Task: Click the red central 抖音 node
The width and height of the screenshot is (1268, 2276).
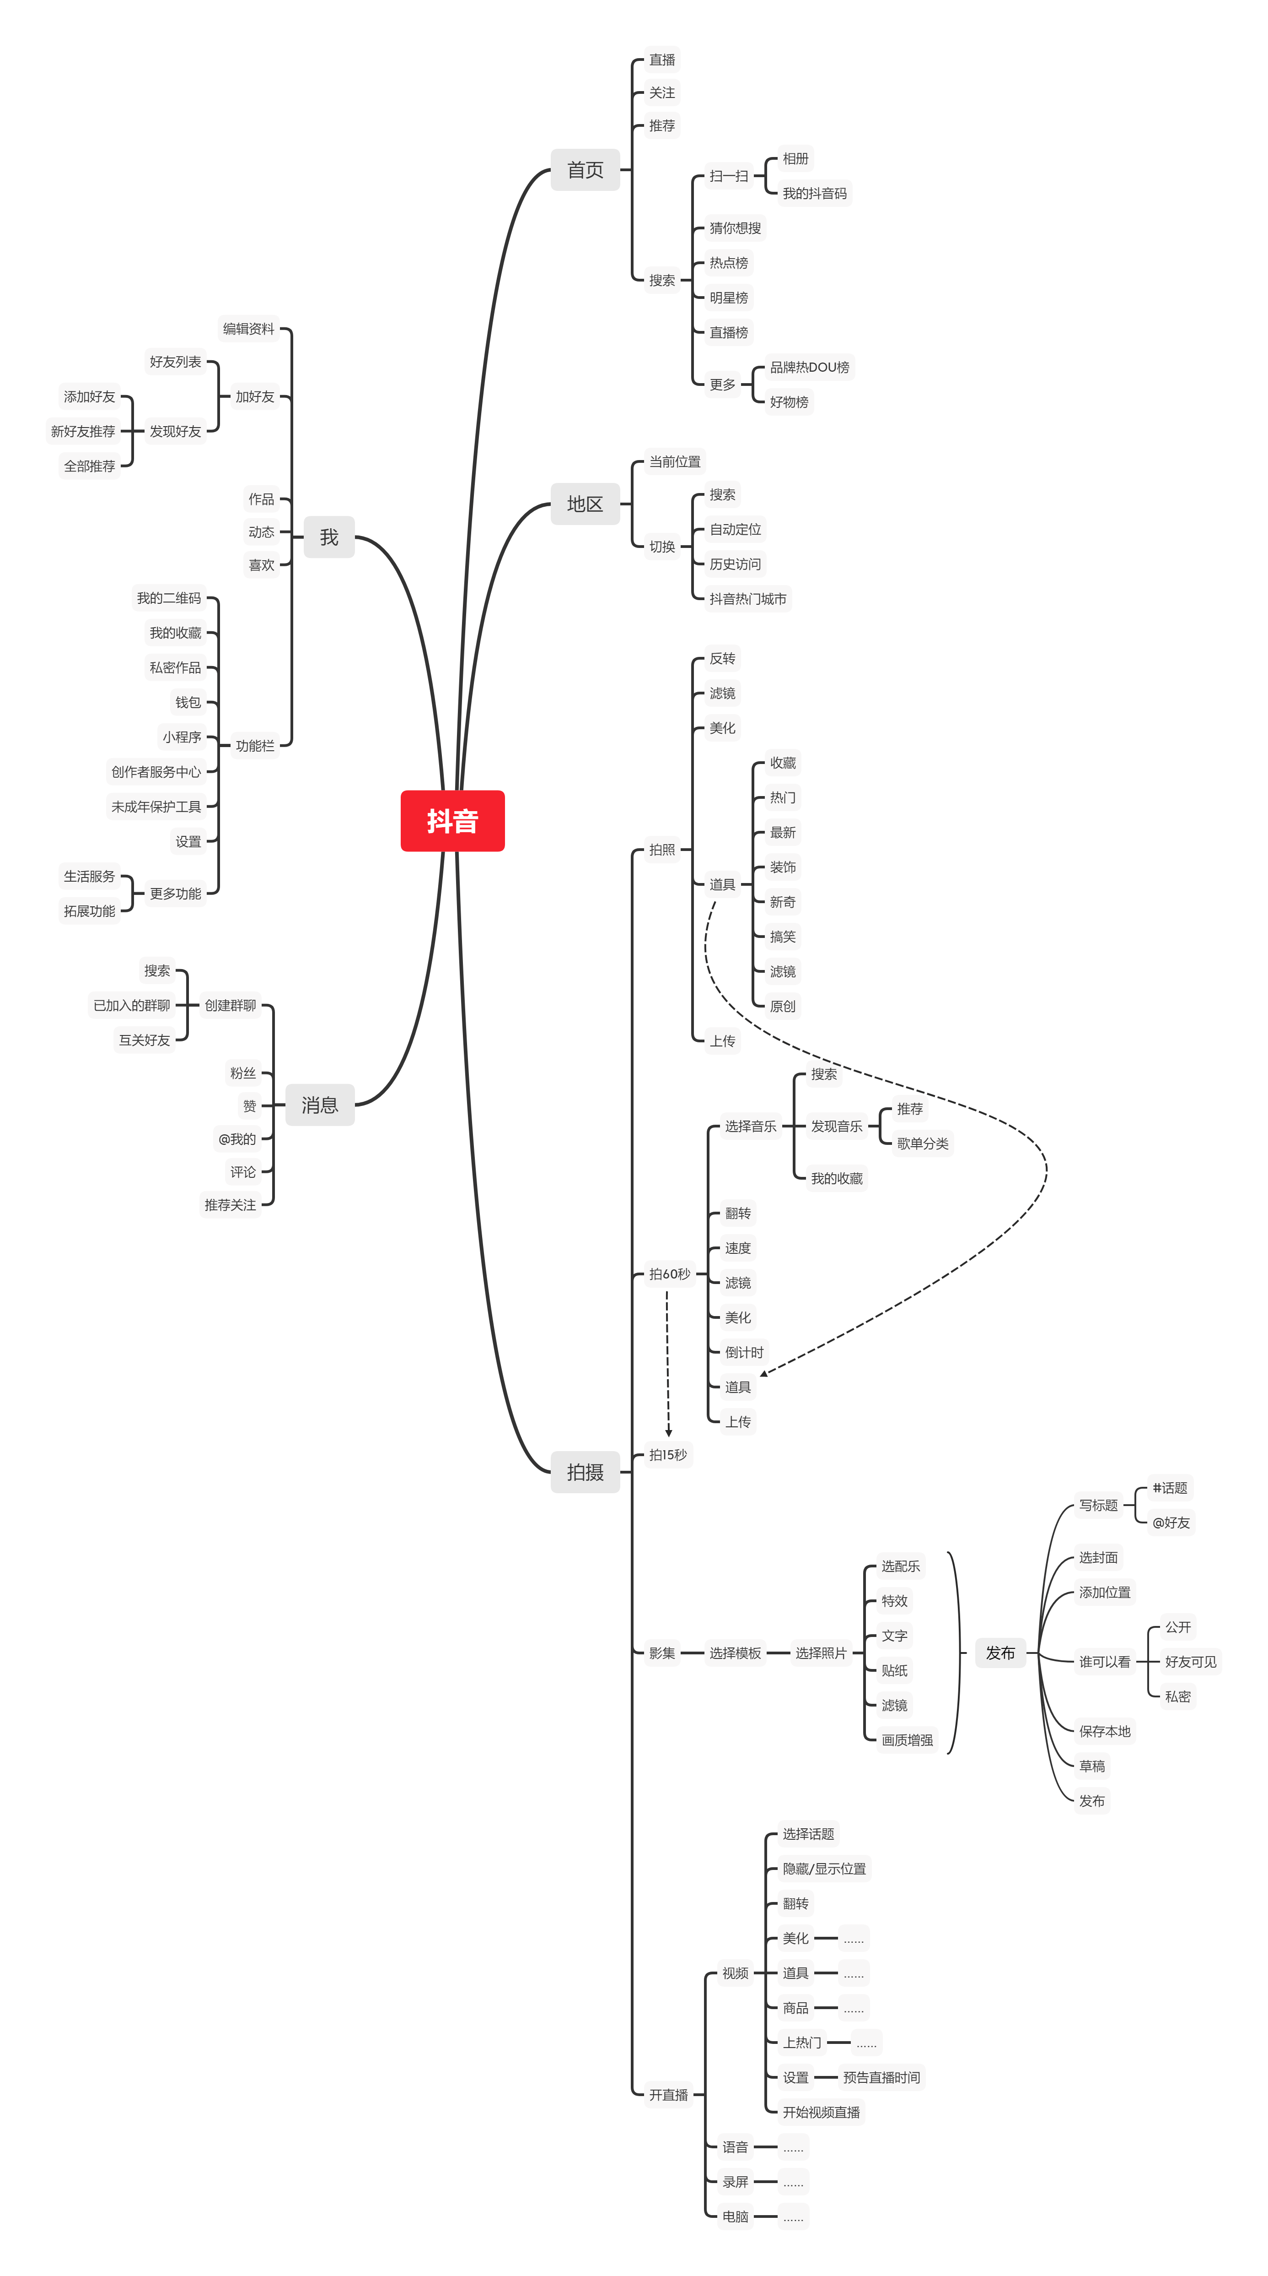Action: tap(452, 821)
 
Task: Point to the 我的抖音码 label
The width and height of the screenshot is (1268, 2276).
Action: tap(814, 194)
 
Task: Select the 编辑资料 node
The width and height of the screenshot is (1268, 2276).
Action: tap(248, 329)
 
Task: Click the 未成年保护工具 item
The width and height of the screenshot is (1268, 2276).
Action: tap(156, 807)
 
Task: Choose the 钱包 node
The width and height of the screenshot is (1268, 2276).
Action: tap(188, 702)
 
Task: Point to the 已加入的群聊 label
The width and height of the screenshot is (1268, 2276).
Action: tap(132, 1005)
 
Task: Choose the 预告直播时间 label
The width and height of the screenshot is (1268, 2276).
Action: tap(881, 2077)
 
